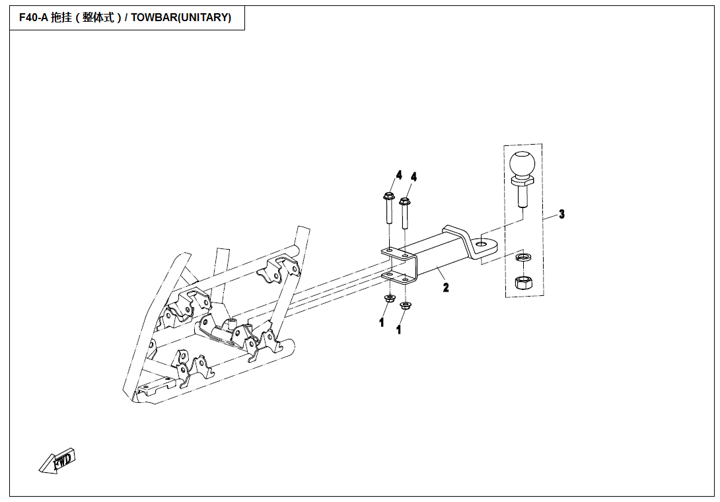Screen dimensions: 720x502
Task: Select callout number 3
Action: click(561, 214)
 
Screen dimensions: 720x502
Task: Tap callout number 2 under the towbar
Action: click(446, 288)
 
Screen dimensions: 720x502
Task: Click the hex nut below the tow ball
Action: click(522, 282)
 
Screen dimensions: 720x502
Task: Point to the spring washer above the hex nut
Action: click(522, 257)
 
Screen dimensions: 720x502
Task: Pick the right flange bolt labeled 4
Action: click(404, 213)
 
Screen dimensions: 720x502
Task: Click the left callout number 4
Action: click(398, 175)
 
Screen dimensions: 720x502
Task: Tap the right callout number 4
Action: click(414, 177)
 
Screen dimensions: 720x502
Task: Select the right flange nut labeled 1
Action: click(405, 305)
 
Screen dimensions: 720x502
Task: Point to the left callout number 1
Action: click(382, 322)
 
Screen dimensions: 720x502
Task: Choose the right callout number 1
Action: click(398, 330)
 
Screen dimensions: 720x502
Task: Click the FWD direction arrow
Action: click(57, 460)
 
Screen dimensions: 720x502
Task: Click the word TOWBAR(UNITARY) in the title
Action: click(181, 18)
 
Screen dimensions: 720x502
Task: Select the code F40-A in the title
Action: click(34, 18)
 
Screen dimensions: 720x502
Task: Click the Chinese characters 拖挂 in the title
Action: click(61, 18)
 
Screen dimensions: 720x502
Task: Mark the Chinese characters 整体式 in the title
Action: click(98, 18)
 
